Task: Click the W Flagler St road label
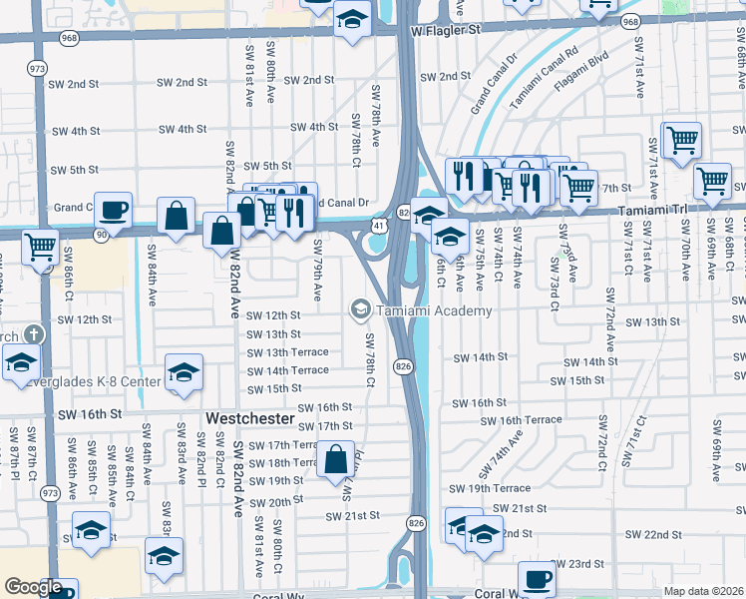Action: [x=445, y=30]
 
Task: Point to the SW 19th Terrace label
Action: [x=490, y=488]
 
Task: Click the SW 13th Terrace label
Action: [x=288, y=352]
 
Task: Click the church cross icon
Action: [x=34, y=333]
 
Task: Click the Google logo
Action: [x=33, y=587]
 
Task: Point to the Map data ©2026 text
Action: [x=703, y=591]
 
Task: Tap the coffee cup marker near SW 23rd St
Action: [x=537, y=578]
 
